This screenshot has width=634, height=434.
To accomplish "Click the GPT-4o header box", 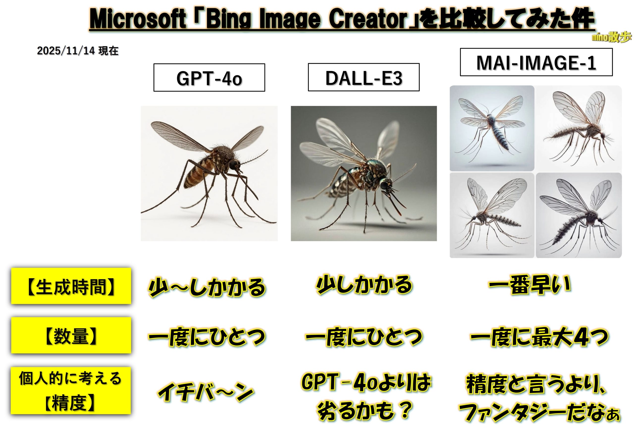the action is click(209, 77).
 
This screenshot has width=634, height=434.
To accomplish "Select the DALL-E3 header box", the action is click(363, 77).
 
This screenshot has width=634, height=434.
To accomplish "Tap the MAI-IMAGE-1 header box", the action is click(536, 62).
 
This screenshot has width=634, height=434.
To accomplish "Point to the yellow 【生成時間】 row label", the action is click(71, 286).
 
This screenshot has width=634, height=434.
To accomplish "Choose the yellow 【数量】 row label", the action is click(71, 335).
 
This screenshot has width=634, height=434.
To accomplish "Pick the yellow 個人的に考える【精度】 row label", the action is click(71, 391).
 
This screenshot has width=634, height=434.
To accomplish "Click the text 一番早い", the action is click(529, 286).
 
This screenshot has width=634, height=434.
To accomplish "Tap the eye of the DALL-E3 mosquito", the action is click(384, 185).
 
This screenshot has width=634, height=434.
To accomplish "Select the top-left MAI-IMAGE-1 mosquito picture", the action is click(492, 128).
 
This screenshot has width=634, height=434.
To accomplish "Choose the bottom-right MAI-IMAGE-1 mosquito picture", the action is click(579, 215).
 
